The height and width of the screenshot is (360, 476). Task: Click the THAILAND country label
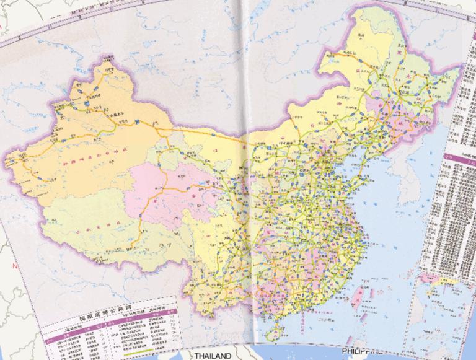[x=211, y=356]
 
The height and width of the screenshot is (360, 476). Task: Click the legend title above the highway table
[x=109, y=314]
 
